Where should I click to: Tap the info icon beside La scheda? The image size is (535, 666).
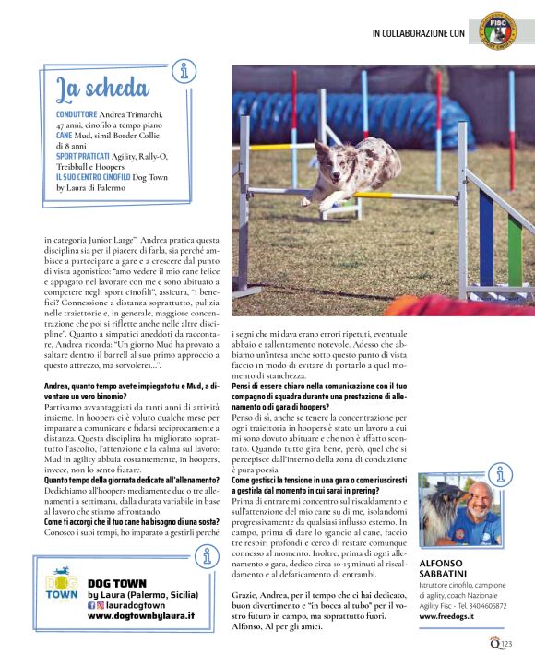pos(185,70)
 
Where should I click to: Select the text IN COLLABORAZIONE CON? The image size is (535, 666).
pos(418,33)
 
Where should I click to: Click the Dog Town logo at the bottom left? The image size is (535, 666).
pos(63,595)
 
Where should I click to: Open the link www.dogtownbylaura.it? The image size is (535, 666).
pos(141,615)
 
